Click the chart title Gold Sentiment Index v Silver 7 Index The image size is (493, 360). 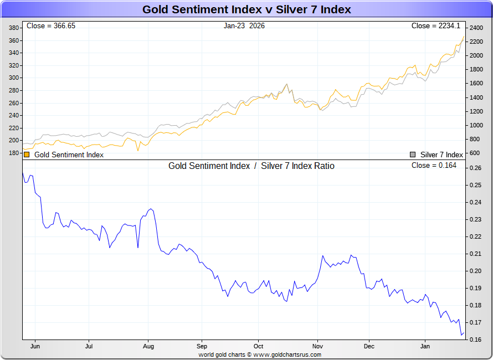(247, 9)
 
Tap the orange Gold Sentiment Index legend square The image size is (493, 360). (27, 155)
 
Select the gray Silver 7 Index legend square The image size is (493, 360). (413, 155)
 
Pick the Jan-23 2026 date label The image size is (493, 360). (244, 26)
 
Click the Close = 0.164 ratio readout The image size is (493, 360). (434, 166)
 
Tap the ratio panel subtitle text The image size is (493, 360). (251, 166)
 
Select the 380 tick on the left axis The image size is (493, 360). (14, 28)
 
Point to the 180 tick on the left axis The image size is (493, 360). (14, 153)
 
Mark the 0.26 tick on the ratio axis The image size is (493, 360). (475, 168)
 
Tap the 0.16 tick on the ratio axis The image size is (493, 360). (475, 340)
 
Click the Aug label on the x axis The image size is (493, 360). (148, 347)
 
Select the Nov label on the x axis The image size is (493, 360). (317, 347)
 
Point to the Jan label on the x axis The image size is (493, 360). (425, 347)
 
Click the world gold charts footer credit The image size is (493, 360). (260, 354)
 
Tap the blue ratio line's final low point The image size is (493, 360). (461, 335)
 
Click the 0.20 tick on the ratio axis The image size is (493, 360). (475, 271)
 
